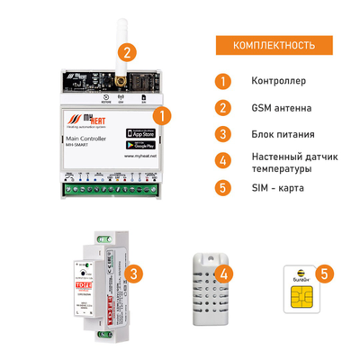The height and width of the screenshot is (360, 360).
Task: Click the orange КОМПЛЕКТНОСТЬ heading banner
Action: (x=274, y=45)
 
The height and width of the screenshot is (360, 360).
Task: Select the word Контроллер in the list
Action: (x=281, y=80)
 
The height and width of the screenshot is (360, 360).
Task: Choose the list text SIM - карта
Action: (x=283, y=188)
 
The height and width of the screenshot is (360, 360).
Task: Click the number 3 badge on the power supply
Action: (x=133, y=274)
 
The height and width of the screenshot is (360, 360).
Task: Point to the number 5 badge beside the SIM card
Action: (x=325, y=272)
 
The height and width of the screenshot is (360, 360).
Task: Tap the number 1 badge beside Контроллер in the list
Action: (x=221, y=80)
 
